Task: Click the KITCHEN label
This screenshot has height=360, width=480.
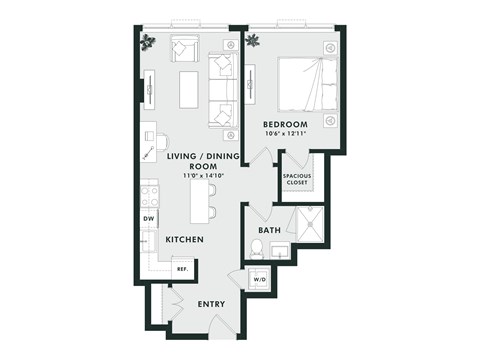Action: click(x=185, y=240)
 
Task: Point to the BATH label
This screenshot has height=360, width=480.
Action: click(x=269, y=231)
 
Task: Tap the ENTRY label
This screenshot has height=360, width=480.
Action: click(x=211, y=304)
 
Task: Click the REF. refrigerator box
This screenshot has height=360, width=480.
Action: click(x=183, y=268)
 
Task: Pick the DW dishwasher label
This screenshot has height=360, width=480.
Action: click(x=149, y=218)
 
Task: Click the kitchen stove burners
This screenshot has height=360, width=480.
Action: click(x=150, y=196)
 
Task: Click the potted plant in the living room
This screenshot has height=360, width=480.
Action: click(x=149, y=42)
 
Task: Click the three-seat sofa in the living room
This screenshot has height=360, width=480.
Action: click(x=221, y=91)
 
